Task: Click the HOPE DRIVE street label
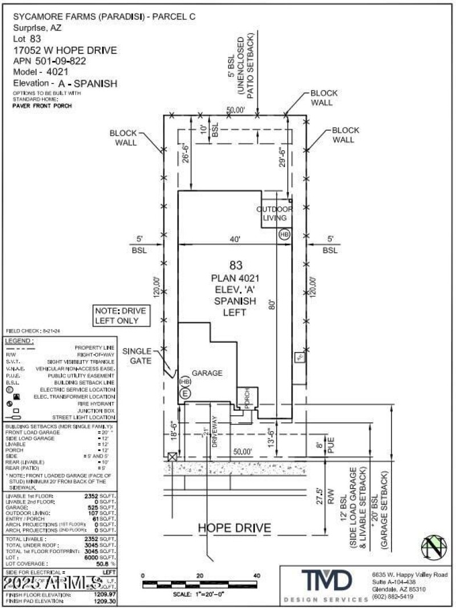234,528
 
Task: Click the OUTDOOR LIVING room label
276,212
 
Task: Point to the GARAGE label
206,373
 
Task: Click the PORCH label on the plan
247,396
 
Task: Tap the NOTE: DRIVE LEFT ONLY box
120,316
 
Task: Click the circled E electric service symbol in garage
185,392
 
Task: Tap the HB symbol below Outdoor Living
284,234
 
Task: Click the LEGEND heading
19,341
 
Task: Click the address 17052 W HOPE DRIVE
64,50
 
